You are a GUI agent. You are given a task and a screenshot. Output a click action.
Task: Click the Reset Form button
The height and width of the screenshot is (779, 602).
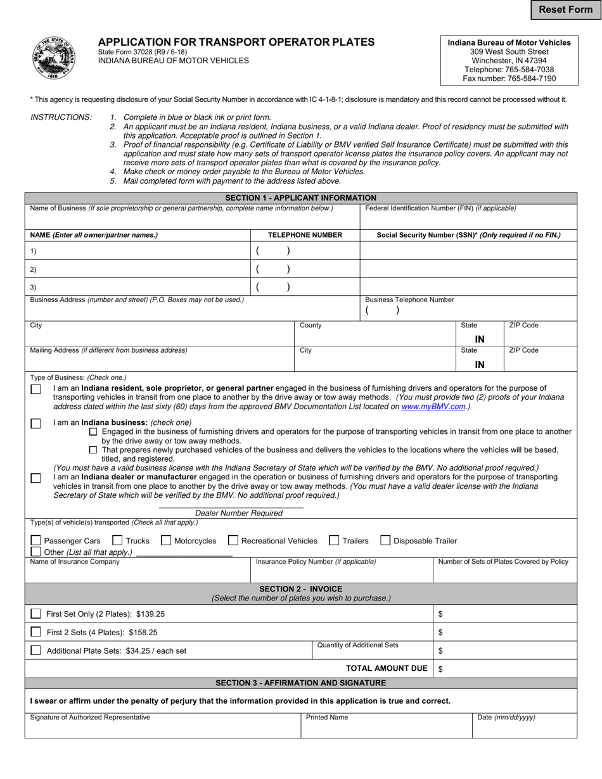click(x=565, y=9)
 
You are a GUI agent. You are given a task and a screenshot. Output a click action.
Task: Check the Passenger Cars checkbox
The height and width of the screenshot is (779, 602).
click(x=36, y=540)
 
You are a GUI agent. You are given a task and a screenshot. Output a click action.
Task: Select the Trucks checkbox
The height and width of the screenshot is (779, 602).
click(x=117, y=540)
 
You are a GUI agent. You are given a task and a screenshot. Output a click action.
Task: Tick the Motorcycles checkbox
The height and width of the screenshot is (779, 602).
click(x=166, y=540)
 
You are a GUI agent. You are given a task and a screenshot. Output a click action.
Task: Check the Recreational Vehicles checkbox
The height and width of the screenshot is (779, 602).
click(x=233, y=540)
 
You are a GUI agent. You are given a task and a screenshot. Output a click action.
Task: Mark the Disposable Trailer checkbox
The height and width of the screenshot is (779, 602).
click(x=385, y=540)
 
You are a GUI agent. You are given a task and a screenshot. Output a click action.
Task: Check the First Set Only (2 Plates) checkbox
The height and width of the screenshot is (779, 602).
click(x=36, y=614)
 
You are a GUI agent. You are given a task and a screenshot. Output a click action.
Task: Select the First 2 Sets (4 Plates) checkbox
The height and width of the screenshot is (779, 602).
click(x=36, y=632)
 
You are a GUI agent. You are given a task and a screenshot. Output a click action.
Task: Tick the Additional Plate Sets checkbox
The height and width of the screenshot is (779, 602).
click(x=36, y=650)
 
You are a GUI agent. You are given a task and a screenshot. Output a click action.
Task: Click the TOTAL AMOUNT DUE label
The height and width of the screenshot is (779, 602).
click(x=387, y=668)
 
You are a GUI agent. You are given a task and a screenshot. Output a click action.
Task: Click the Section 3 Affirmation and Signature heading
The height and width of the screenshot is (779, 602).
click(x=300, y=683)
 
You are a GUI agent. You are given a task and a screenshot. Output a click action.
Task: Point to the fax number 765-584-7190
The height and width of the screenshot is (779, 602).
click(x=509, y=79)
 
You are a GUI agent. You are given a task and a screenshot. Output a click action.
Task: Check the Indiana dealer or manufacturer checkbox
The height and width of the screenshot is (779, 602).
click(x=36, y=478)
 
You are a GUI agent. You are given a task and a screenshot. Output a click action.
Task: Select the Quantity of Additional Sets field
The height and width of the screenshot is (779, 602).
click(x=372, y=654)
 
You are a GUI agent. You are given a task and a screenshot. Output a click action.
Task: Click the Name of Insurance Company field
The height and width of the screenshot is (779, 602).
click(x=138, y=574)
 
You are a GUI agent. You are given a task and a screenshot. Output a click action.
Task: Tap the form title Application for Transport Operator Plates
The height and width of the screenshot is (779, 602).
click(x=236, y=42)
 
